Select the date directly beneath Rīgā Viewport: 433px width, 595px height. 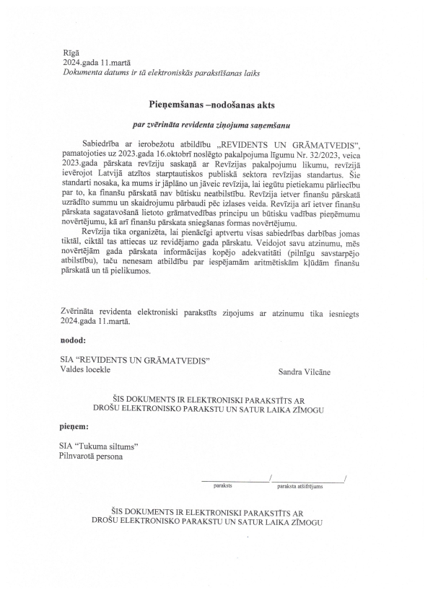point(95,63)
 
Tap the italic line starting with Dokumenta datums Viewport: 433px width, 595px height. point(160,73)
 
